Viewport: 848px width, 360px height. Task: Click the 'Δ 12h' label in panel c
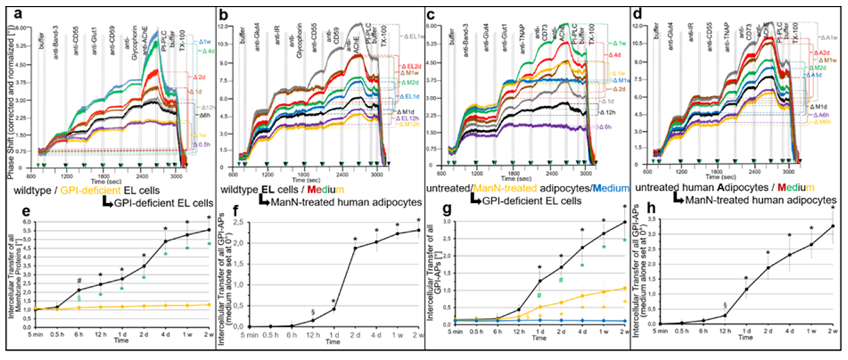point(607,113)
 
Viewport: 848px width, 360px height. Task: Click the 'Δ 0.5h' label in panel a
point(202,144)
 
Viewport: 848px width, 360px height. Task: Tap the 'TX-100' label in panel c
point(591,35)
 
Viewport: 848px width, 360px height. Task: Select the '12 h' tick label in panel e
point(101,335)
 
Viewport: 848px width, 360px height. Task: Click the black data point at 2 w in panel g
point(625,222)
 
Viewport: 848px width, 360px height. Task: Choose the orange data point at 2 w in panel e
point(209,304)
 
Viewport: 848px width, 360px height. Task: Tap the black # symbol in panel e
point(79,281)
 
